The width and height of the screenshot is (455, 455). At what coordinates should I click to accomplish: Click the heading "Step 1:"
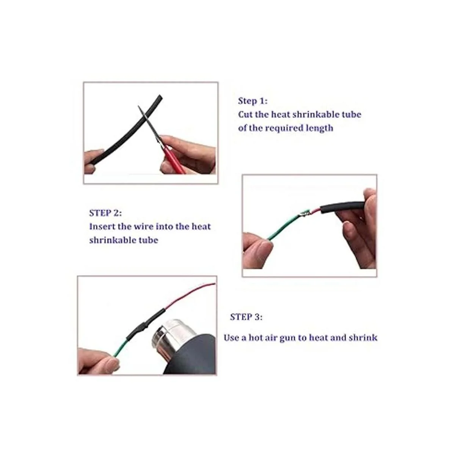[253, 101]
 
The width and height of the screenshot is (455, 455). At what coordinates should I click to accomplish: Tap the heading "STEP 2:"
[105, 213]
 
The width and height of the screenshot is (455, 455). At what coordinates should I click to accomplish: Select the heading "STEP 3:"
[246, 317]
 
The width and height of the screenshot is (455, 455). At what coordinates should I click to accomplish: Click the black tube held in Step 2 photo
[342, 206]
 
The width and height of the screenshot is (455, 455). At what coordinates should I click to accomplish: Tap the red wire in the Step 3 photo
[189, 295]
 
